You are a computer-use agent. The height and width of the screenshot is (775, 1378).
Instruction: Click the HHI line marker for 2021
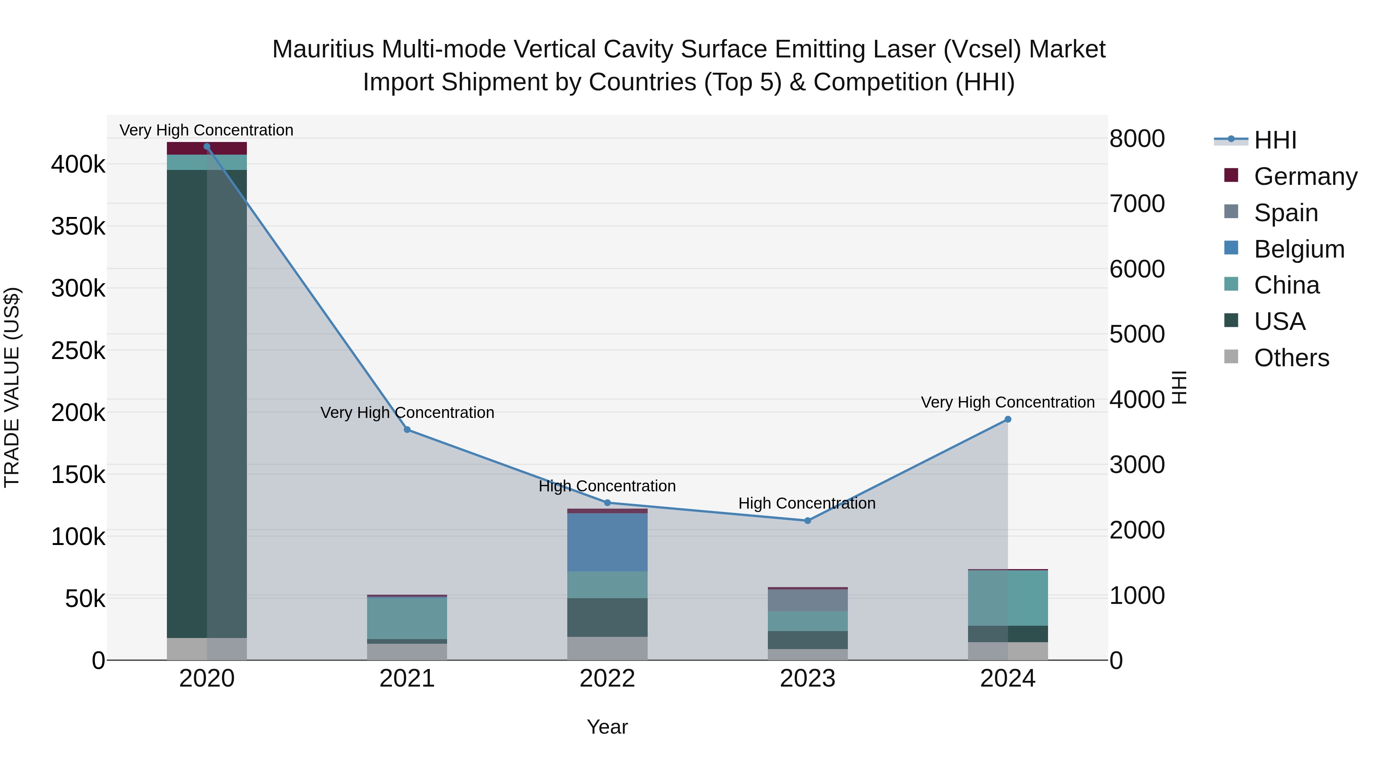407,429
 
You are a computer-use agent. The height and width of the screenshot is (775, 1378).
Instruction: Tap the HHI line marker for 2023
808,520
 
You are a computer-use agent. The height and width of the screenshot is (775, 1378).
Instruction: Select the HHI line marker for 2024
1008,419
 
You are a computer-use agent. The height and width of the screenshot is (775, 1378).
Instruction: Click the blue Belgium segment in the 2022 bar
607,542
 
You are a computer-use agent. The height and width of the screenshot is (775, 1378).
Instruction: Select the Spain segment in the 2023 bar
808,600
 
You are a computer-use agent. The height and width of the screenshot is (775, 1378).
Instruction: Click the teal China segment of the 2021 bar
407,618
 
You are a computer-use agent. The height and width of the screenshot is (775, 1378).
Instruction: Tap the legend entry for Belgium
1299,249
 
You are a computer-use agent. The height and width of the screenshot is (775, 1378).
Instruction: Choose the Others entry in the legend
1291,358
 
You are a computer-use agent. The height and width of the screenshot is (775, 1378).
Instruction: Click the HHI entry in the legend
1275,140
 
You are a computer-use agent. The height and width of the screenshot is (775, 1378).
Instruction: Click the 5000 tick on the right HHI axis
1137,334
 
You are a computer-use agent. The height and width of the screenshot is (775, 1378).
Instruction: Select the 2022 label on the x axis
607,679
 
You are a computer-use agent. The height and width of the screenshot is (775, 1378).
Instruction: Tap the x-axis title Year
607,727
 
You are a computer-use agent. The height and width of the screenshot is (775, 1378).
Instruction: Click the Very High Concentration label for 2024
1007,402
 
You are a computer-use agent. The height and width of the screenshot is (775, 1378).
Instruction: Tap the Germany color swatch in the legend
1231,175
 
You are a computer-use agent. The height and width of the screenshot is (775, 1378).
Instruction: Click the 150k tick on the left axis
78,475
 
